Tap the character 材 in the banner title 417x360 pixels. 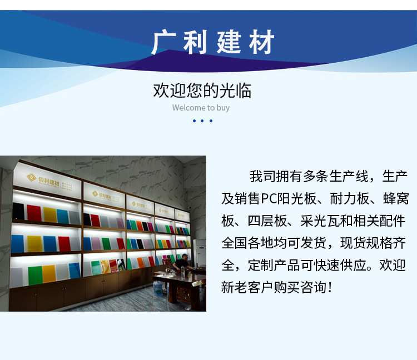click(260, 43)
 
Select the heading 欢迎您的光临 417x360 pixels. click(202, 90)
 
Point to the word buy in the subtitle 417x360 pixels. click(222, 108)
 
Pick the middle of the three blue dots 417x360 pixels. click(202, 121)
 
